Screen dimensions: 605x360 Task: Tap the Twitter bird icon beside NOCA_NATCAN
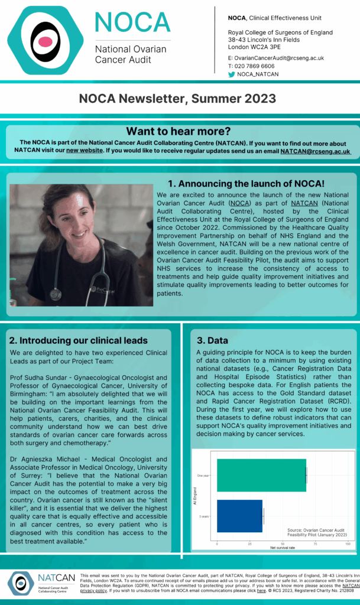(232, 74)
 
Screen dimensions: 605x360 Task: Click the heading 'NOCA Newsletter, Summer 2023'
(177, 98)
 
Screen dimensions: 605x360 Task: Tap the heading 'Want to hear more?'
(178, 131)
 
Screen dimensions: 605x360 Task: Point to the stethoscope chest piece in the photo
(56, 294)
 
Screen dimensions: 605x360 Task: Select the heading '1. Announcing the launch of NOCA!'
(246, 183)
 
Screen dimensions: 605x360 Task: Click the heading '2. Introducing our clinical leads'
(79, 340)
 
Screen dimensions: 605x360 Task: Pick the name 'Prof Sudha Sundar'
(36, 377)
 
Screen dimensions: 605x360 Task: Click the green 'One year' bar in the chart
(261, 475)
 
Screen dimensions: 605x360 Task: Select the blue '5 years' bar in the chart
(239, 516)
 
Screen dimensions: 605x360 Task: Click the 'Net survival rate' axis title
(283, 549)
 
